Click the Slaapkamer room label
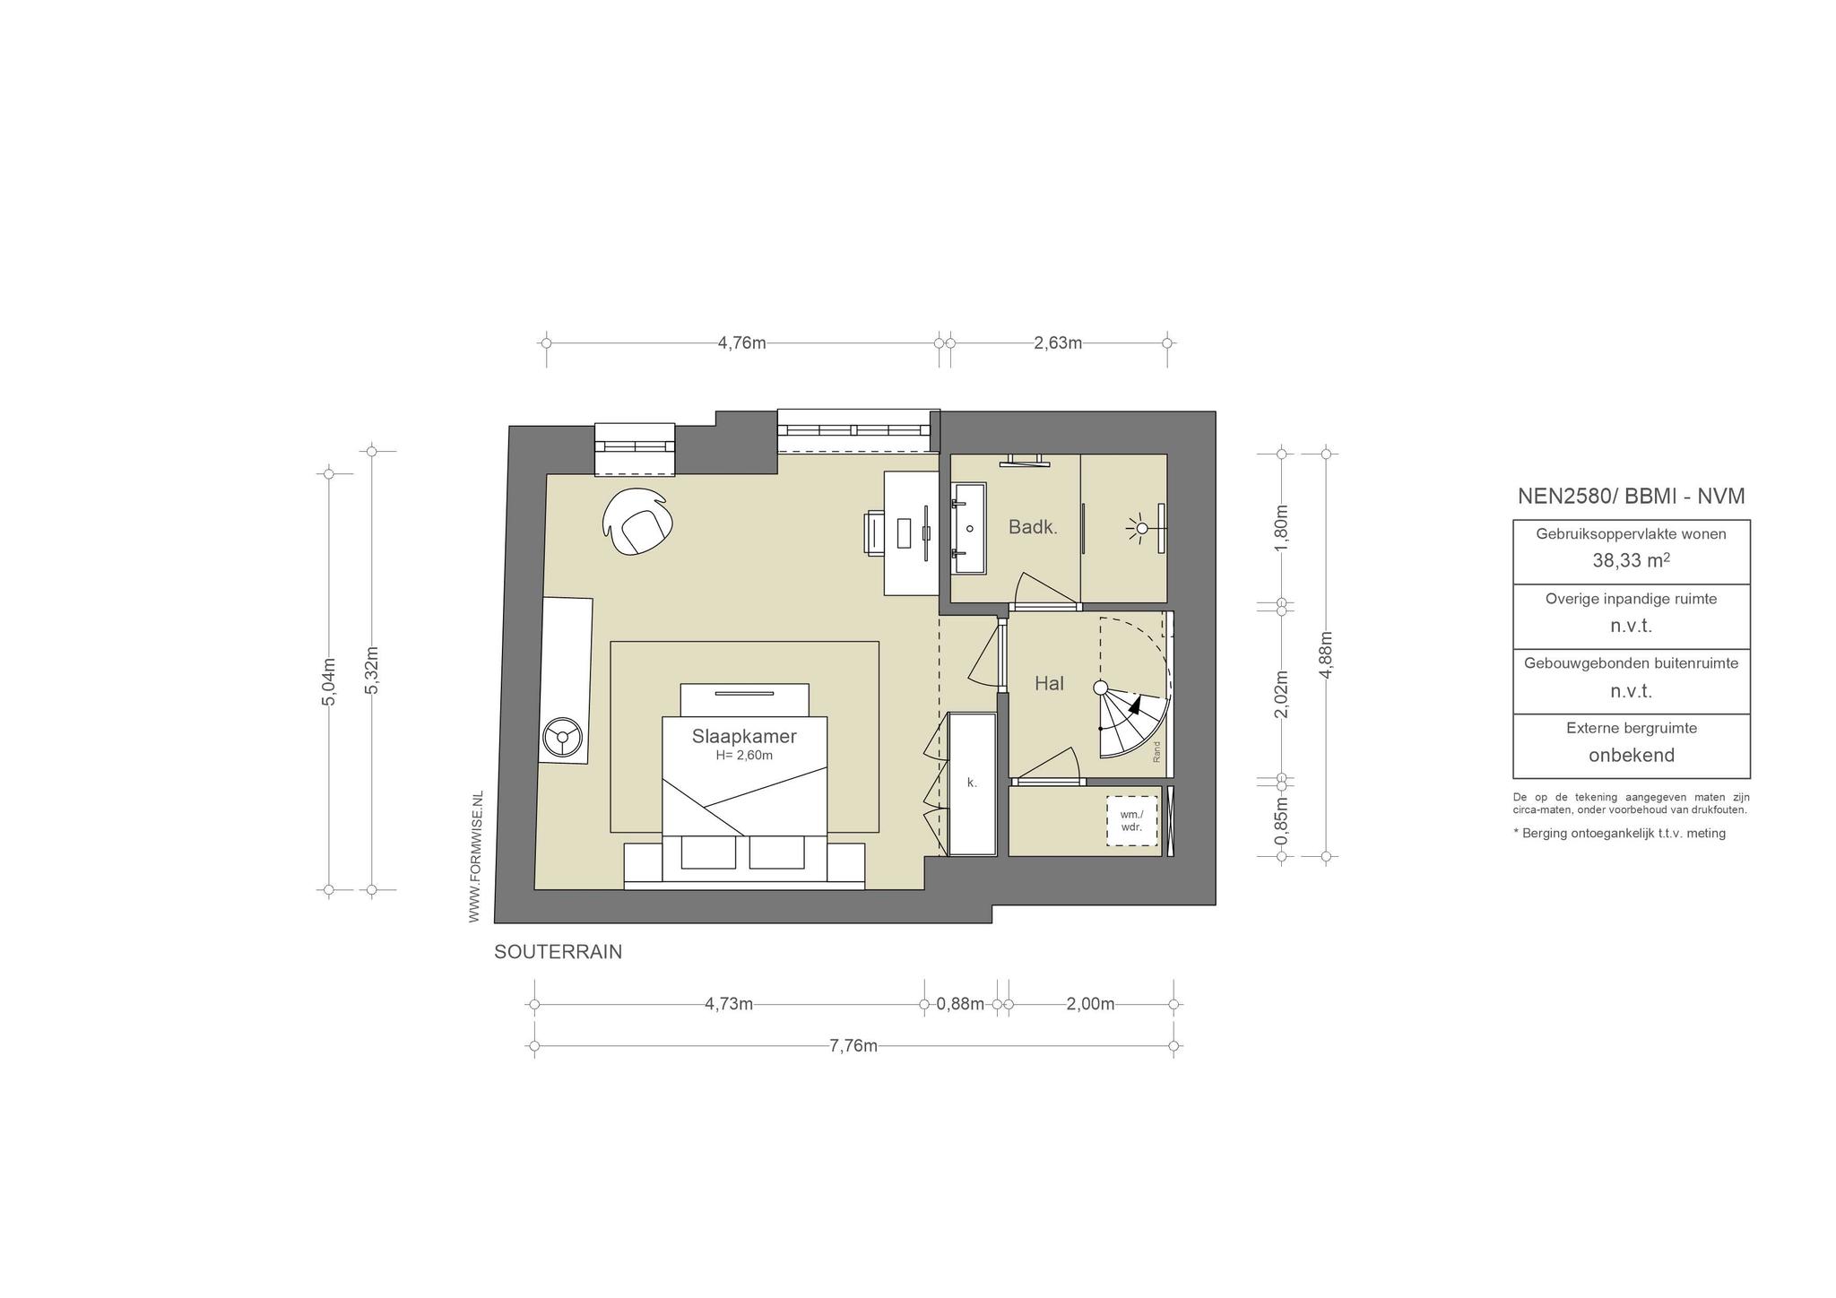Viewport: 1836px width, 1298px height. tap(744, 736)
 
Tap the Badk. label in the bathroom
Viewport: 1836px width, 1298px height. tap(1033, 527)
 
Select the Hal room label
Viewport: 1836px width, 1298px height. tap(1049, 683)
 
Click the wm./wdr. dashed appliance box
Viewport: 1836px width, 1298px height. tap(1131, 820)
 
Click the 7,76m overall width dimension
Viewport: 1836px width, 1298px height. tap(853, 1045)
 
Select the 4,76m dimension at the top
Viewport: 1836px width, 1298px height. tap(742, 342)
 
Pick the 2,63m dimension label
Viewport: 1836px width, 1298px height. tap(1058, 342)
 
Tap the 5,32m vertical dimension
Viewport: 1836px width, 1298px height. tap(372, 670)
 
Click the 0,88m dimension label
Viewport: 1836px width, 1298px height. tap(960, 1004)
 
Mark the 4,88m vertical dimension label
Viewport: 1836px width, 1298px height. tap(1327, 655)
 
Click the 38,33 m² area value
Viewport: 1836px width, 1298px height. tap(1631, 560)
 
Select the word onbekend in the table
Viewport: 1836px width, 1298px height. tap(1632, 755)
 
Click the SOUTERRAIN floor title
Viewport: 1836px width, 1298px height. tap(558, 952)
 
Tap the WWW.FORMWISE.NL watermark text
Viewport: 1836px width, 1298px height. tap(476, 856)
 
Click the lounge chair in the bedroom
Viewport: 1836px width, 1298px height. tap(638, 522)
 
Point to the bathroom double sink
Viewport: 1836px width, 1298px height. tap(969, 528)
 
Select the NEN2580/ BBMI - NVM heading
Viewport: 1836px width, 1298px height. tap(1632, 496)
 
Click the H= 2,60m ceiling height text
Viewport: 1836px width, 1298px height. tap(744, 755)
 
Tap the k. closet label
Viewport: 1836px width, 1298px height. tap(972, 783)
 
